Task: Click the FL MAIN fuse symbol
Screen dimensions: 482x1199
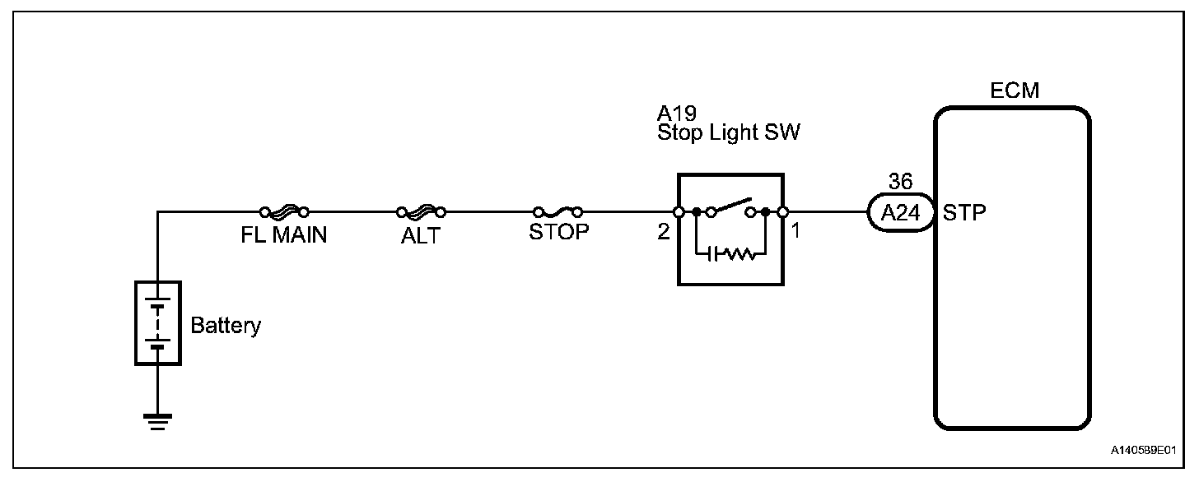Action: point(283,211)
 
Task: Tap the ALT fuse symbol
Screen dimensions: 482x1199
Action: point(422,211)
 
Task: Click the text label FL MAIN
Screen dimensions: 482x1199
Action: point(283,235)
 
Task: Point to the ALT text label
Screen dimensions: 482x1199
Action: point(422,235)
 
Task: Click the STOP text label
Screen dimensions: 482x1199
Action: point(559,232)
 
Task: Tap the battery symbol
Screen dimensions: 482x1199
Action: point(157,323)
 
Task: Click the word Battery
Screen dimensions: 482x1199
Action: point(226,325)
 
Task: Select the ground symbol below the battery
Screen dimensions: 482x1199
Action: point(157,422)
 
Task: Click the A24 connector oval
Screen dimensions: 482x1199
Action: point(899,212)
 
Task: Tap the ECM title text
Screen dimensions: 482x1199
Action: point(1014,91)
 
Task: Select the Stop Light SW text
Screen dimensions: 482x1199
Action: point(728,133)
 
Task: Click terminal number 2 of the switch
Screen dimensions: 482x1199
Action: point(663,232)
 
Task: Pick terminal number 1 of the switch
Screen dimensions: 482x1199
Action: point(795,232)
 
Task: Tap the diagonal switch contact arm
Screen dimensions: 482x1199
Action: point(731,204)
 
